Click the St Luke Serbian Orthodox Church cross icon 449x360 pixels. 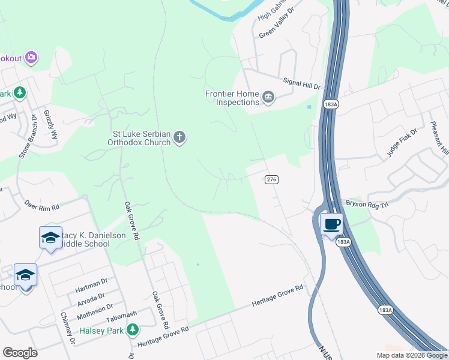click(179, 139)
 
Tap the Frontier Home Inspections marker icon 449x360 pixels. click(268, 97)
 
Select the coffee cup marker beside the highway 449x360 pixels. click(331, 225)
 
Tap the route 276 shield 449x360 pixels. click(271, 179)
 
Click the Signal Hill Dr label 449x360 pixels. click(301, 82)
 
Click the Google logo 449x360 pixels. click(20, 352)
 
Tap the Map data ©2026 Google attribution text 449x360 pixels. click(411, 355)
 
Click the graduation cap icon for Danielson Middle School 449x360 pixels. click(50, 238)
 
